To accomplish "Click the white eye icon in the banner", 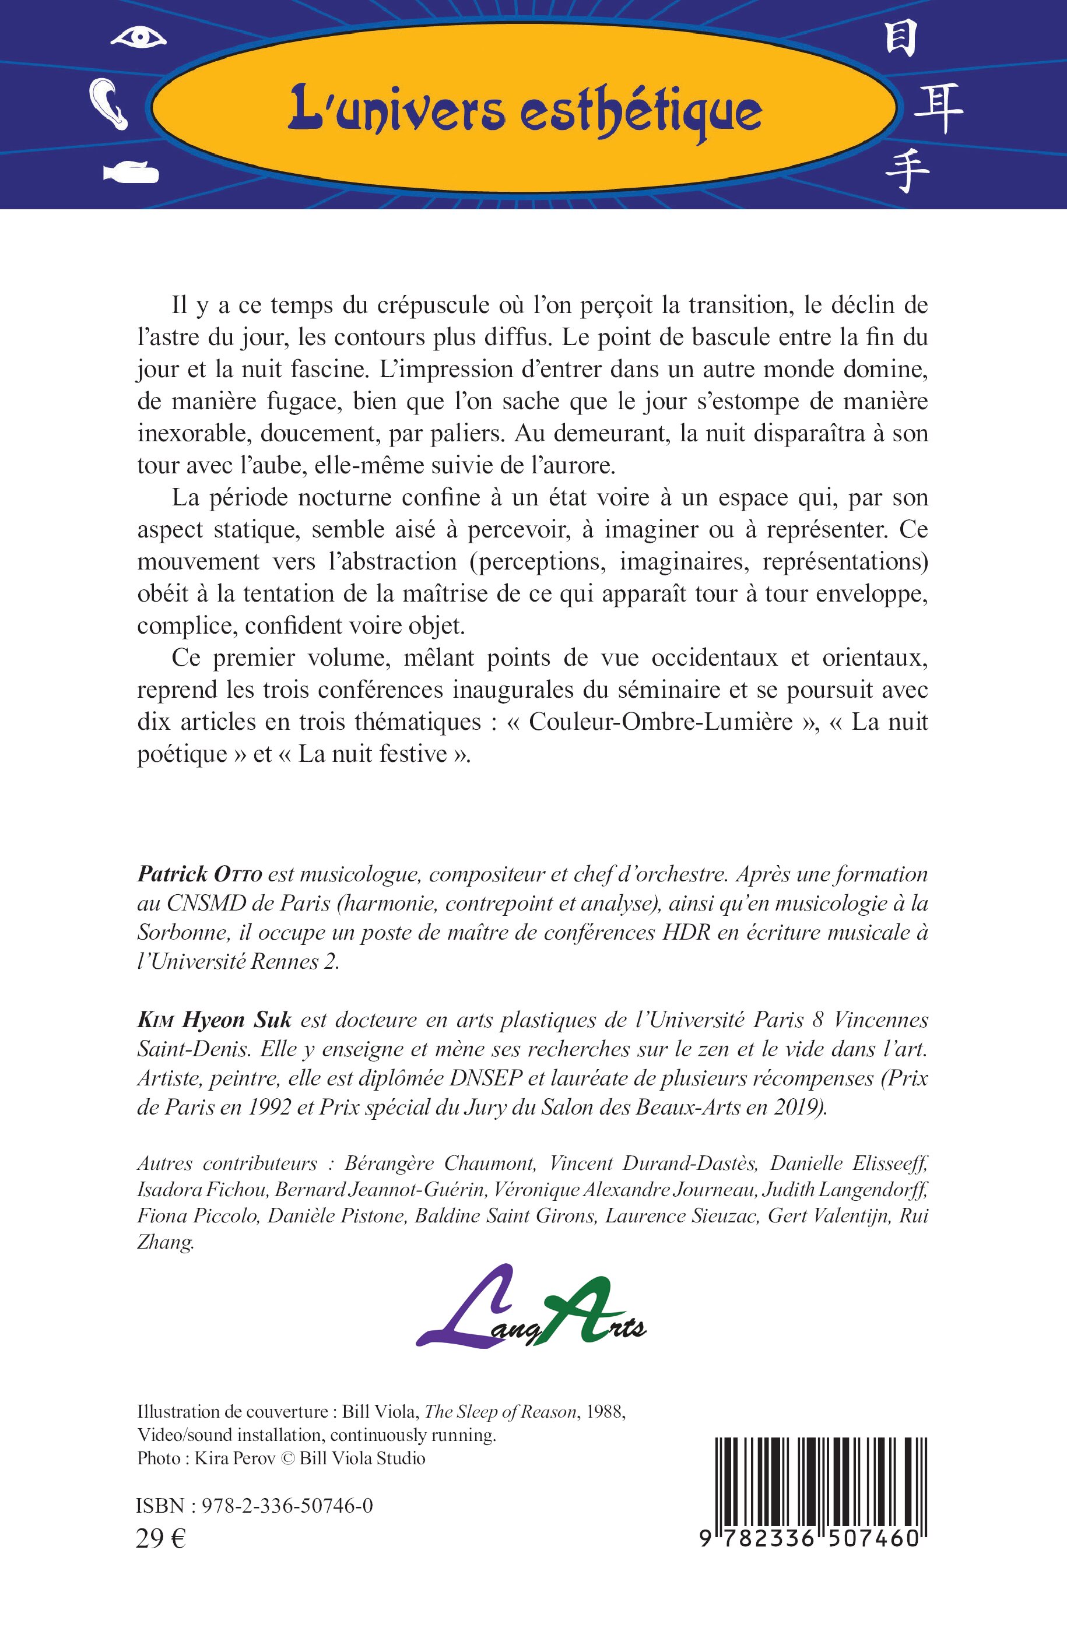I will pos(139,37).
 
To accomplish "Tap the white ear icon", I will pos(109,104).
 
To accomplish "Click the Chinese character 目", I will pos(901,38).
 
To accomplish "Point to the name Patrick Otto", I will pos(199,875).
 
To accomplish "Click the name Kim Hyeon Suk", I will pos(214,1020).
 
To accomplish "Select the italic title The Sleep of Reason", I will pos(500,1412).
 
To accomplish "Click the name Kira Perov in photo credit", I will pos(235,1458).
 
